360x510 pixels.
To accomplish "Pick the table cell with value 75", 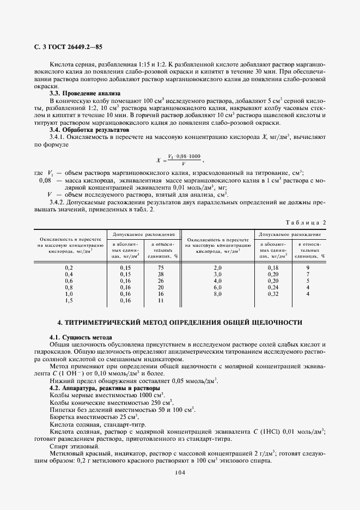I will tap(161, 268).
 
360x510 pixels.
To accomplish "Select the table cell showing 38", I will tap(161, 274).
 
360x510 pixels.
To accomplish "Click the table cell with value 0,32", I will tap(273, 294).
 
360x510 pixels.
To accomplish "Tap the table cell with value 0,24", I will tap(273, 287).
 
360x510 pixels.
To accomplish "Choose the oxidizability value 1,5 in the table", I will tap(69, 300).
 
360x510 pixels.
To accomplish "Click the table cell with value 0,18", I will tap(273, 268).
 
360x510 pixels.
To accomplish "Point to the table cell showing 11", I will tap(161, 300).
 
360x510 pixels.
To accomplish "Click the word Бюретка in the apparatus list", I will tap(63, 416).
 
